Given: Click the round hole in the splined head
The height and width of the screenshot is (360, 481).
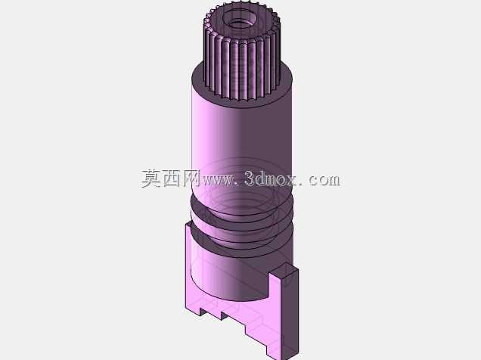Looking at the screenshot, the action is coord(240,18).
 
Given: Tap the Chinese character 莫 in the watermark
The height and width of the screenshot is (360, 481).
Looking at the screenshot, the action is coord(151,178).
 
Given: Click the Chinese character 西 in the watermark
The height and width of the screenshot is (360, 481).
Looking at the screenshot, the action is coord(172,178).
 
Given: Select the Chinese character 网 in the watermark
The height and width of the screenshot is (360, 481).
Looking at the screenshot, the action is coord(192,178).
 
